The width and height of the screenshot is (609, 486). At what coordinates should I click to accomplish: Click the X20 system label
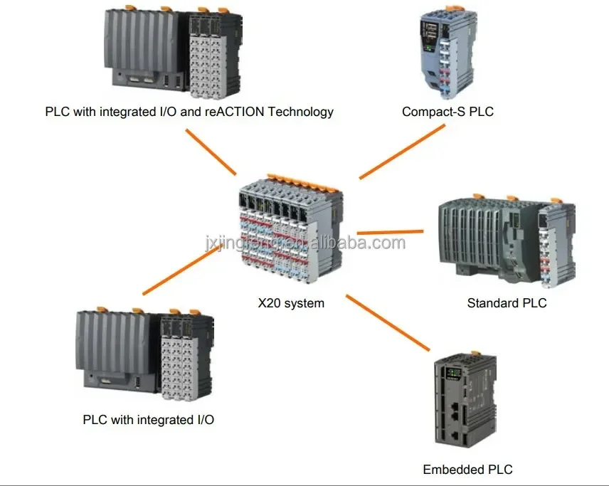pos(290,303)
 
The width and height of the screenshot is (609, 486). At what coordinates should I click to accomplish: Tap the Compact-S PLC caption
pos(448,112)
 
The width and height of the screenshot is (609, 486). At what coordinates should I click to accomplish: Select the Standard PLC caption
pos(507,303)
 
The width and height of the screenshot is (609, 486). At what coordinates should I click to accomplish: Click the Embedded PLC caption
pos(467,469)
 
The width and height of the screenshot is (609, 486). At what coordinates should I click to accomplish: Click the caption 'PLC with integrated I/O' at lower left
pos(148,420)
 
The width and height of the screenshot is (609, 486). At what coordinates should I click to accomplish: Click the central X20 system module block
pos(290,232)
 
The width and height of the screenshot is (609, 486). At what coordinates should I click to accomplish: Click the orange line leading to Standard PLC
pos(390,232)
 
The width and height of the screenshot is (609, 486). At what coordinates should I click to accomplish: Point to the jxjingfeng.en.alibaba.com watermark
pos(304,243)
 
